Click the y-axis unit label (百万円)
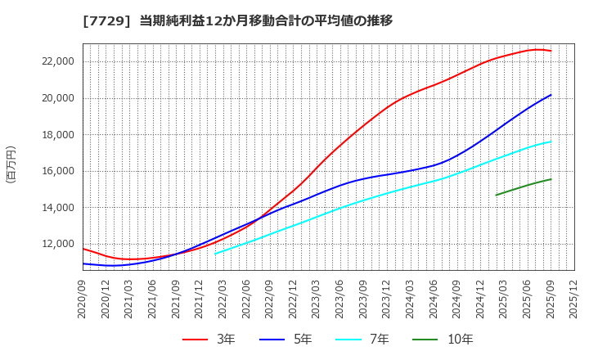(11, 164)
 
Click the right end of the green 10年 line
(551, 179)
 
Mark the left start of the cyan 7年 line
(215, 254)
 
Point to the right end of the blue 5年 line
(551, 95)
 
